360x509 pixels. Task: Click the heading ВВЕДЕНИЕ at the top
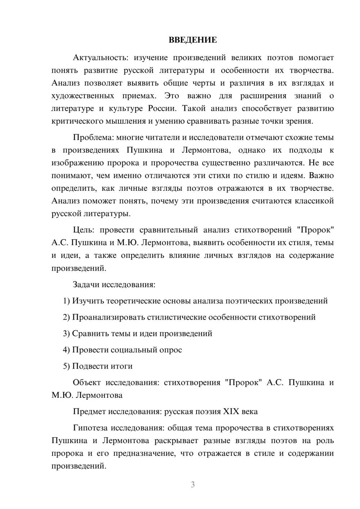[x=193, y=40]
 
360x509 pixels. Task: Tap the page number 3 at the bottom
[x=193, y=485]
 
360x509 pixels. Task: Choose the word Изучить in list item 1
[x=88, y=301]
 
